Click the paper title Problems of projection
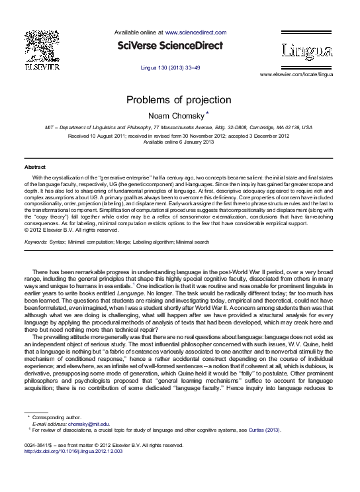click(x=179, y=100)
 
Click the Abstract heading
click(x=35, y=167)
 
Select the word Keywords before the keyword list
click(x=35, y=242)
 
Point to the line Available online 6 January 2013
click(x=179, y=142)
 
